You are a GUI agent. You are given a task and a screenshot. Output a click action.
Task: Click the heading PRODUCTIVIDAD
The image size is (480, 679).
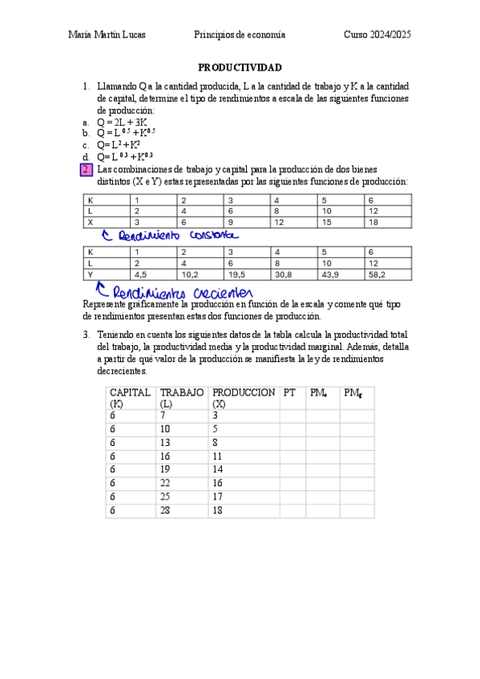[240, 68]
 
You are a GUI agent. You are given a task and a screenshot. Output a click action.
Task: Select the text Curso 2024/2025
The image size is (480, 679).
[377, 34]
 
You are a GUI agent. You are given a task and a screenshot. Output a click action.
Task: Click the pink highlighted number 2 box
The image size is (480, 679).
[87, 170]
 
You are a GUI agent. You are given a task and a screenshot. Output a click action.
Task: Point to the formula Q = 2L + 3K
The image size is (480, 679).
[122, 122]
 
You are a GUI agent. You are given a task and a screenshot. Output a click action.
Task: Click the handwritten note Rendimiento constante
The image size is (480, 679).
[170, 235]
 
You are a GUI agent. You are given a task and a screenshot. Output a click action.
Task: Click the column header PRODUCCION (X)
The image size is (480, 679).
[243, 398]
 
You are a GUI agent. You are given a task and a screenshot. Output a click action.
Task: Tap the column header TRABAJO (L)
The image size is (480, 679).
[181, 398]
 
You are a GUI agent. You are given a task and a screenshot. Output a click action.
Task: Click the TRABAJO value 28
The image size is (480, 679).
[166, 510]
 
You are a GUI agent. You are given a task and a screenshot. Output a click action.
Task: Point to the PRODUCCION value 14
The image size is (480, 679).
[218, 469]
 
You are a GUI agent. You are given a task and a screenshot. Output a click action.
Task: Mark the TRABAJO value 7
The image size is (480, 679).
[163, 416]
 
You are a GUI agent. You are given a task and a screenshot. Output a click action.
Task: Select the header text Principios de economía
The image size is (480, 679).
[240, 34]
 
